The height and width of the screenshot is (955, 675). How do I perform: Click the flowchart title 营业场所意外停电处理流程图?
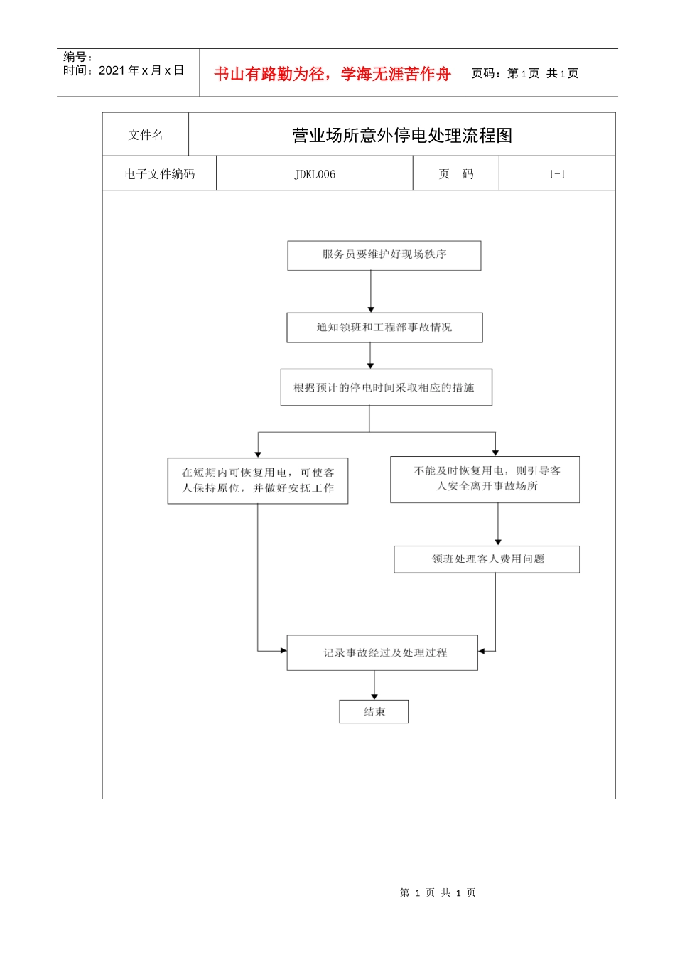(401, 135)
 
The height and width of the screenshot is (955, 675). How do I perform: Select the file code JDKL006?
(315, 174)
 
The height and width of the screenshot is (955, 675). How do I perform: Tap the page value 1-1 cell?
(557, 174)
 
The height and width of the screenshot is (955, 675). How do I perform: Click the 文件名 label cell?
(146, 135)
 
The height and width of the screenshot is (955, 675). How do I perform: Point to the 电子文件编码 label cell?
(159, 174)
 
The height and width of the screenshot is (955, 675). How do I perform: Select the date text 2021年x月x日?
(141, 70)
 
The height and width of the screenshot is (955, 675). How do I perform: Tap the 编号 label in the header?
(77, 57)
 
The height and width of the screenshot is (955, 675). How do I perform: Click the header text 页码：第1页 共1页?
(525, 73)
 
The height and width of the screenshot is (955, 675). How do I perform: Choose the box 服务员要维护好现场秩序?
(384, 255)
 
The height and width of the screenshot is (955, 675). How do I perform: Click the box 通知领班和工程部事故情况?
(384, 328)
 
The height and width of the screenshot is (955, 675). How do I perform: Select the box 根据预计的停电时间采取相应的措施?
(386, 387)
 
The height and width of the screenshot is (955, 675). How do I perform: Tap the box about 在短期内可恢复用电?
(258, 481)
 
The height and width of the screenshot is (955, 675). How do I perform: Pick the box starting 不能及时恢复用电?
(485, 480)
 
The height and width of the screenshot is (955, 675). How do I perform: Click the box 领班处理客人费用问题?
(487, 559)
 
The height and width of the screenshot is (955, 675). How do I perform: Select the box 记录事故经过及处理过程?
(382, 652)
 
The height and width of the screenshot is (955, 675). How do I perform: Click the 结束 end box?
(374, 712)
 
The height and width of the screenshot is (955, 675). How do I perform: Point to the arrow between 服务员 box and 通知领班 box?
(371, 291)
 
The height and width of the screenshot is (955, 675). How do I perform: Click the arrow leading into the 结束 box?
(374, 686)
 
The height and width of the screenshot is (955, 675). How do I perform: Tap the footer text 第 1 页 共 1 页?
(438, 892)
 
